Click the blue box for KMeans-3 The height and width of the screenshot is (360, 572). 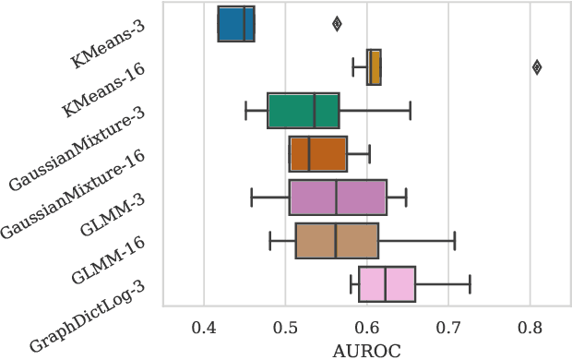[x=235, y=24]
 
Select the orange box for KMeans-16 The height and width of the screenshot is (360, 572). [x=374, y=67]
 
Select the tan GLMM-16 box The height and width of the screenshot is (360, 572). [x=337, y=241]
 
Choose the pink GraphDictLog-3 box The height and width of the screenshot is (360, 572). [x=387, y=284]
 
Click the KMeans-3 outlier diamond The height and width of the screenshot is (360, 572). [x=337, y=24]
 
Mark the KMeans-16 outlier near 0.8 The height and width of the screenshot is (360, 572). [x=537, y=66]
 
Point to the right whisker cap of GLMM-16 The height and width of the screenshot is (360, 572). [x=454, y=241]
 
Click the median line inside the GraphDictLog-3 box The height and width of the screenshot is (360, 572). [x=385, y=284]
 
